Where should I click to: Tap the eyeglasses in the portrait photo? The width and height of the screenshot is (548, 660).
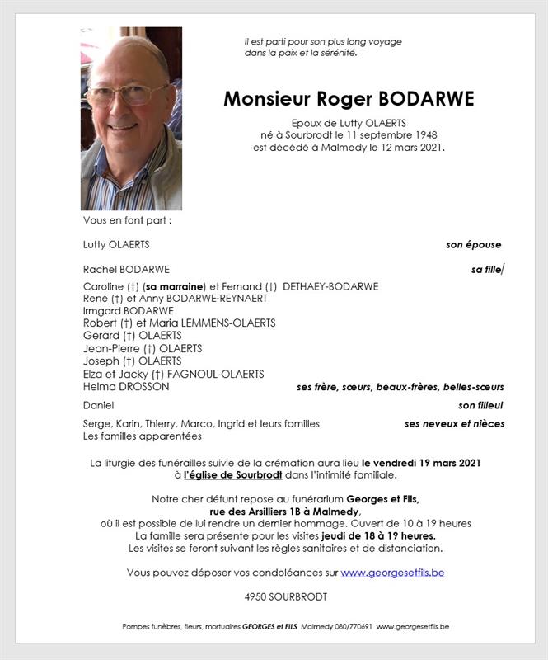(x=127, y=92)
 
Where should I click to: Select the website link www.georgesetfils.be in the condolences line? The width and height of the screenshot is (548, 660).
(x=392, y=573)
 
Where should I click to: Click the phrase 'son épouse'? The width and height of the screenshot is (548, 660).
(x=473, y=245)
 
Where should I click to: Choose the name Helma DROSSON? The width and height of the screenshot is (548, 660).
(x=126, y=386)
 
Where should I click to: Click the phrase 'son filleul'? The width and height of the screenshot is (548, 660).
(x=480, y=406)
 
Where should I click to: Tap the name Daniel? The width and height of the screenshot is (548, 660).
(x=98, y=406)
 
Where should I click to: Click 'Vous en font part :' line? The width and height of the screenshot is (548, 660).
(x=127, y=221)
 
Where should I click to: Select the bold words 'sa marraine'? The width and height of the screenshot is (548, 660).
(x=173, y=286)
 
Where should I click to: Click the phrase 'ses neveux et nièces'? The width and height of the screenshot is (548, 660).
(x=454, y=424)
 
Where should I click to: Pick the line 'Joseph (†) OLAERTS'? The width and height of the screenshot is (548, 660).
(x=132, y=361)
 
